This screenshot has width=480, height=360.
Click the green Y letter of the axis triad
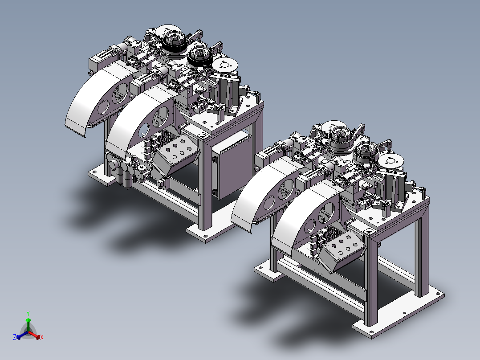(x=28, y=313)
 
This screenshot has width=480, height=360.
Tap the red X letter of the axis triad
(x=42, y=337)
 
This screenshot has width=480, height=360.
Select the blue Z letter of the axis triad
(x=15, y=337)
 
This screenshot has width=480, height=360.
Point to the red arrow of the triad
(x=34, y=335)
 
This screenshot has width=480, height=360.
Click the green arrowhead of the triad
(x=28, y=320)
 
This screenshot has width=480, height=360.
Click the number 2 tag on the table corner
(x=203, y=135)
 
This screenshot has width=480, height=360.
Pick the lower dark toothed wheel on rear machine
(x=200, y=57)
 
